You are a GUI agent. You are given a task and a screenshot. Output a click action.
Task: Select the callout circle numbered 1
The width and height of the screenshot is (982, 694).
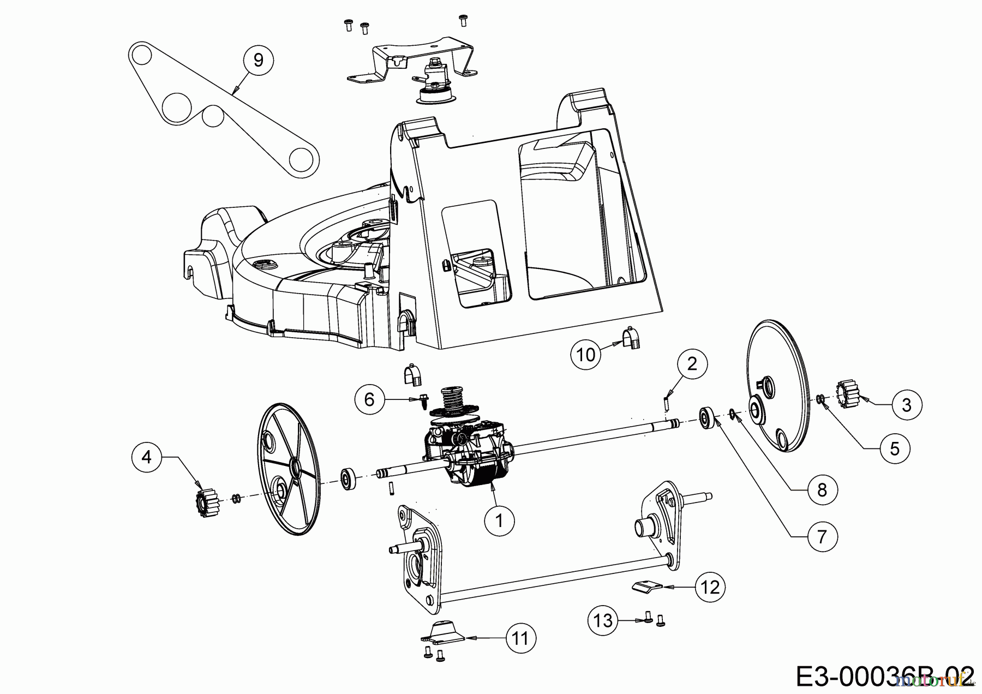(x=499, y=520)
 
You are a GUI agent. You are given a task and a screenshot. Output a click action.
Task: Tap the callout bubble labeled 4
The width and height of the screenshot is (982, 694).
(x=146, y=457)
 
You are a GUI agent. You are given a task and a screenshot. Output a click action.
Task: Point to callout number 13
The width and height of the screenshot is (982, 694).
(x=603, y=620)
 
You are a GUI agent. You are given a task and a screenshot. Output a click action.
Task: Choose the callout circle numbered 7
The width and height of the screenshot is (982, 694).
(x=822, y=536)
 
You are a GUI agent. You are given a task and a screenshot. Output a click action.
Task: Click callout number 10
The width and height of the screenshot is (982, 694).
(x=586, y=355)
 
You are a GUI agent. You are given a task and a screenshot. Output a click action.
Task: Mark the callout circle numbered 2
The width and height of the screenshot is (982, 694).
(x=692, y=363)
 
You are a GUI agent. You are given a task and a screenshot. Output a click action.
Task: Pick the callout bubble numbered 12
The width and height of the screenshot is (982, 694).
(x=710, y=587)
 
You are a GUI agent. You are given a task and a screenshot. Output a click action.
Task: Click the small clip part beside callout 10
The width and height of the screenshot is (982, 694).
(x=631, y=339)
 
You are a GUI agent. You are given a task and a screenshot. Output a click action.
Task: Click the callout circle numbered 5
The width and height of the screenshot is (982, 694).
(x=894, y=448)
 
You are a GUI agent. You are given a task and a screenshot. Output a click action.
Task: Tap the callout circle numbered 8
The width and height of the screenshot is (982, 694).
(x=822, y=490)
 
